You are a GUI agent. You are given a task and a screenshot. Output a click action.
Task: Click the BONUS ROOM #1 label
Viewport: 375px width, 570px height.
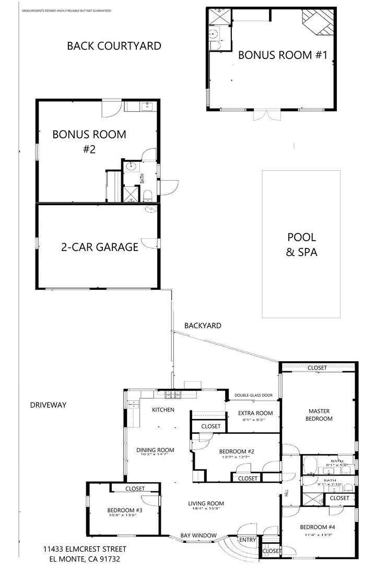(283, 55)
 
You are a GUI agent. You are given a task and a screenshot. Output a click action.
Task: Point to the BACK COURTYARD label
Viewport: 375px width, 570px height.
(114, 46)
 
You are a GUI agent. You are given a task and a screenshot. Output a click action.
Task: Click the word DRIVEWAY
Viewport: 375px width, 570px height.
(48, 405)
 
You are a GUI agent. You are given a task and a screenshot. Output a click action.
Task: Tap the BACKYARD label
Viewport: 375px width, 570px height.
(203, 326)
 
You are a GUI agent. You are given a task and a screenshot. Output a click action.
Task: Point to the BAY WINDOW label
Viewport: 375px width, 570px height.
(198, 536)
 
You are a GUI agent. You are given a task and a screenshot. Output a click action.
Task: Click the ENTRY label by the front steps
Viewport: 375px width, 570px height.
(247, 540)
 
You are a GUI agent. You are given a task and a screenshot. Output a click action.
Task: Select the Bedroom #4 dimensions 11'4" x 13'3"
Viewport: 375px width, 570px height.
(318, 535)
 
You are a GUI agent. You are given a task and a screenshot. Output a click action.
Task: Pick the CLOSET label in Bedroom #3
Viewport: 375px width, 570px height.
(135, 489)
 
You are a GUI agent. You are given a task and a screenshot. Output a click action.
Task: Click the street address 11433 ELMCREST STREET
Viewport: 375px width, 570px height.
(85, 549)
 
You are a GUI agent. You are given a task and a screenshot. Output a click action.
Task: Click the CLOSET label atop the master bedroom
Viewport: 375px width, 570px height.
(317, 368)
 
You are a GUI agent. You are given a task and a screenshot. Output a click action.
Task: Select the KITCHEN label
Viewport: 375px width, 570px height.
(163, 410)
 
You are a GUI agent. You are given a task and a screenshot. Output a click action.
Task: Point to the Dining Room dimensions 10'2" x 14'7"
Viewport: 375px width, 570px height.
(155, 455)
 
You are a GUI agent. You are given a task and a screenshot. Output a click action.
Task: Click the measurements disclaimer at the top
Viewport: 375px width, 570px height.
(66, 10)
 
